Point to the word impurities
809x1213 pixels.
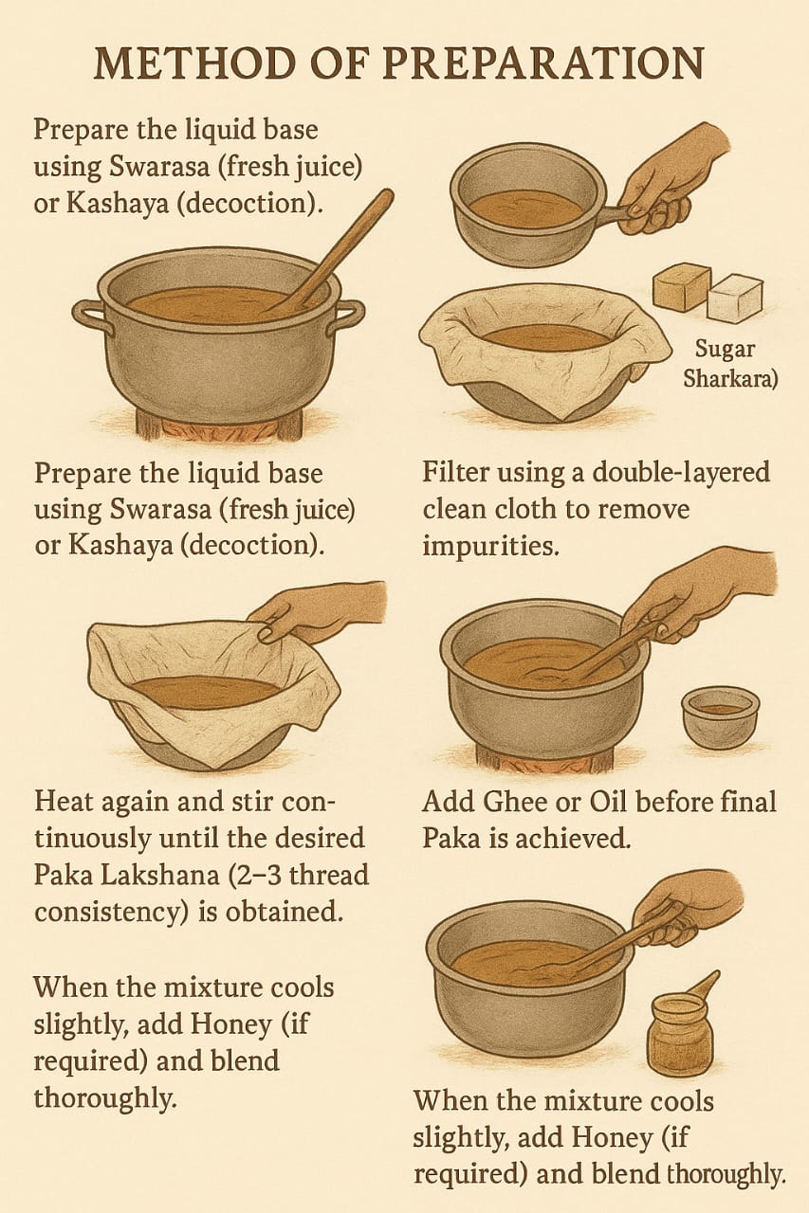pyautogui.click(x=490, y=547)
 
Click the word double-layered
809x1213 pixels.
pyautogui.click(x=681, y=473)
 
